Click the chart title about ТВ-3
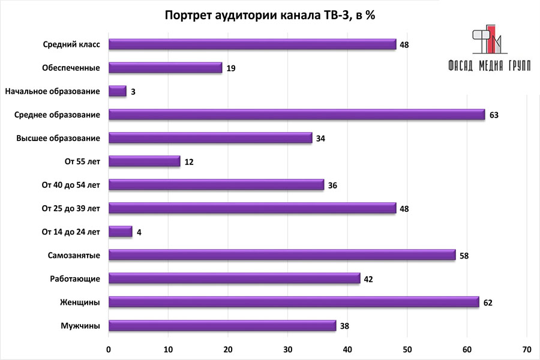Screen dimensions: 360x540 point(270,16)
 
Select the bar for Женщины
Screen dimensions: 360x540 point(294,302)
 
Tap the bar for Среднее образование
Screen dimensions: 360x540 point(297,115)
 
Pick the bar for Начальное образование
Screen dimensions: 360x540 point(118,91)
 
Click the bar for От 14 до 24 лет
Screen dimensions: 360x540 point(121,232)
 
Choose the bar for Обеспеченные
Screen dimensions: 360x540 point(165,68)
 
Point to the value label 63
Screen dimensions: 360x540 point(494,115)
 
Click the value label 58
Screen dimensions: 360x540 point(464,256)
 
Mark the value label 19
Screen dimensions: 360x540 point(230,68)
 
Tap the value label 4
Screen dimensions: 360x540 point(139,232)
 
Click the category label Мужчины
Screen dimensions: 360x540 point(80,326)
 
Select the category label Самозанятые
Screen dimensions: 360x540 point(74,256)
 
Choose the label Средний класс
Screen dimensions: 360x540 point(71,44)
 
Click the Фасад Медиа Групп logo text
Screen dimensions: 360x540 point(489,66)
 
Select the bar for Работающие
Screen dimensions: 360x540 point(234,279)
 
